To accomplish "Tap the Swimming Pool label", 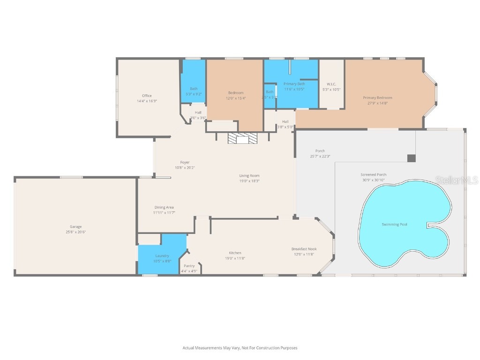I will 394,225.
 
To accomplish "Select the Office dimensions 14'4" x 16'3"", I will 147,101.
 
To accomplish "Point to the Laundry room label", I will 162,255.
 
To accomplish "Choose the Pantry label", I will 189,266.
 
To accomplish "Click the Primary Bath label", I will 294,84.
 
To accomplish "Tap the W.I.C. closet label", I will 331,84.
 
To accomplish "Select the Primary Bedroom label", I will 377,97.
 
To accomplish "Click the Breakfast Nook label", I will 304,249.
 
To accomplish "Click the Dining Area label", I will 164,207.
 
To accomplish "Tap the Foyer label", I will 185,162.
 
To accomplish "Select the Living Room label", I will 249,175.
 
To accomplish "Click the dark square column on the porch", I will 411,158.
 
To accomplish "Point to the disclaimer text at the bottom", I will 240,348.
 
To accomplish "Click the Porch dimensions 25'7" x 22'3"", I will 320,157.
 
